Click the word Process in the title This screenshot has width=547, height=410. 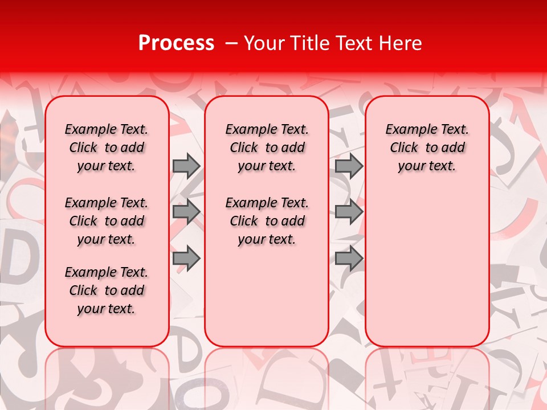[x=175, y=43]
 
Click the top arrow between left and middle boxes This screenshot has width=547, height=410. [x=186, y=166]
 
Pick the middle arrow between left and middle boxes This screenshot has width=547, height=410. [x=186, y=212]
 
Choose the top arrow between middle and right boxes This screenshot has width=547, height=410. [x=349, y=166]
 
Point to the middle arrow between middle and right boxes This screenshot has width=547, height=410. [x=349, y=212]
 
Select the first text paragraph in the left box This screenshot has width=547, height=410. [x=107, y=147]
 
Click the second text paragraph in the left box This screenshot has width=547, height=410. [x=107, y=221]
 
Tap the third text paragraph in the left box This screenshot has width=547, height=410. [x=107, y=290]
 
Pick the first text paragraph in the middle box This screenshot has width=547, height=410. [x=267, y=147]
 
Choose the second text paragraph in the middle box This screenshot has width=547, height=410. [x=267, y=221]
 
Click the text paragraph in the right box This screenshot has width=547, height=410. [x=427, y=147]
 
